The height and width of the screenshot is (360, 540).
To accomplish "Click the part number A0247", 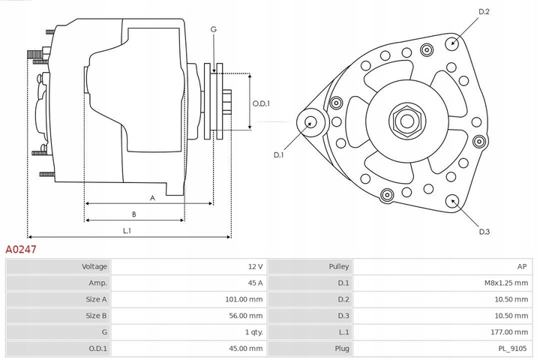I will pyautogui.click(x=22, y=248).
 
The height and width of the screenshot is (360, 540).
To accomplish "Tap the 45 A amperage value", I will pyautogui.click(x=255, y=283).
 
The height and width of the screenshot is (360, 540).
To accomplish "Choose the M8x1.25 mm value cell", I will pyautogui.click(x=507, y=283).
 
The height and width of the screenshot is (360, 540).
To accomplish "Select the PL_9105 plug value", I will pyautogui.click(x=513, y=349).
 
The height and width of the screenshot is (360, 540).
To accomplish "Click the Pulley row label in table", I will pyautogui.click(x=338, y=266).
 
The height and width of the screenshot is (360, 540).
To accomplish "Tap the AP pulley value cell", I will pyautogui.click(x=522, y=266).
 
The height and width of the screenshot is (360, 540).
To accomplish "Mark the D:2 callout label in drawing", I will pyautogui.click(x=484, y=12).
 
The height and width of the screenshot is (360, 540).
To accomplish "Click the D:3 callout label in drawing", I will pyautogui.click(x=484, y=232).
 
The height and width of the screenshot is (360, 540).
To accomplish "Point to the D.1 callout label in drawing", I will pyautogui.click(x=278, y=154).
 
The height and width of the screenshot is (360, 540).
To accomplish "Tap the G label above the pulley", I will pyautogui.click(x=214, y=29).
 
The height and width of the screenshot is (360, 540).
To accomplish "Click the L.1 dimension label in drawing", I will pyautogui.click(x=127, y=230).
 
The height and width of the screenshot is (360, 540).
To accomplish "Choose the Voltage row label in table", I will pyautogui.click(x=94, y=266).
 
